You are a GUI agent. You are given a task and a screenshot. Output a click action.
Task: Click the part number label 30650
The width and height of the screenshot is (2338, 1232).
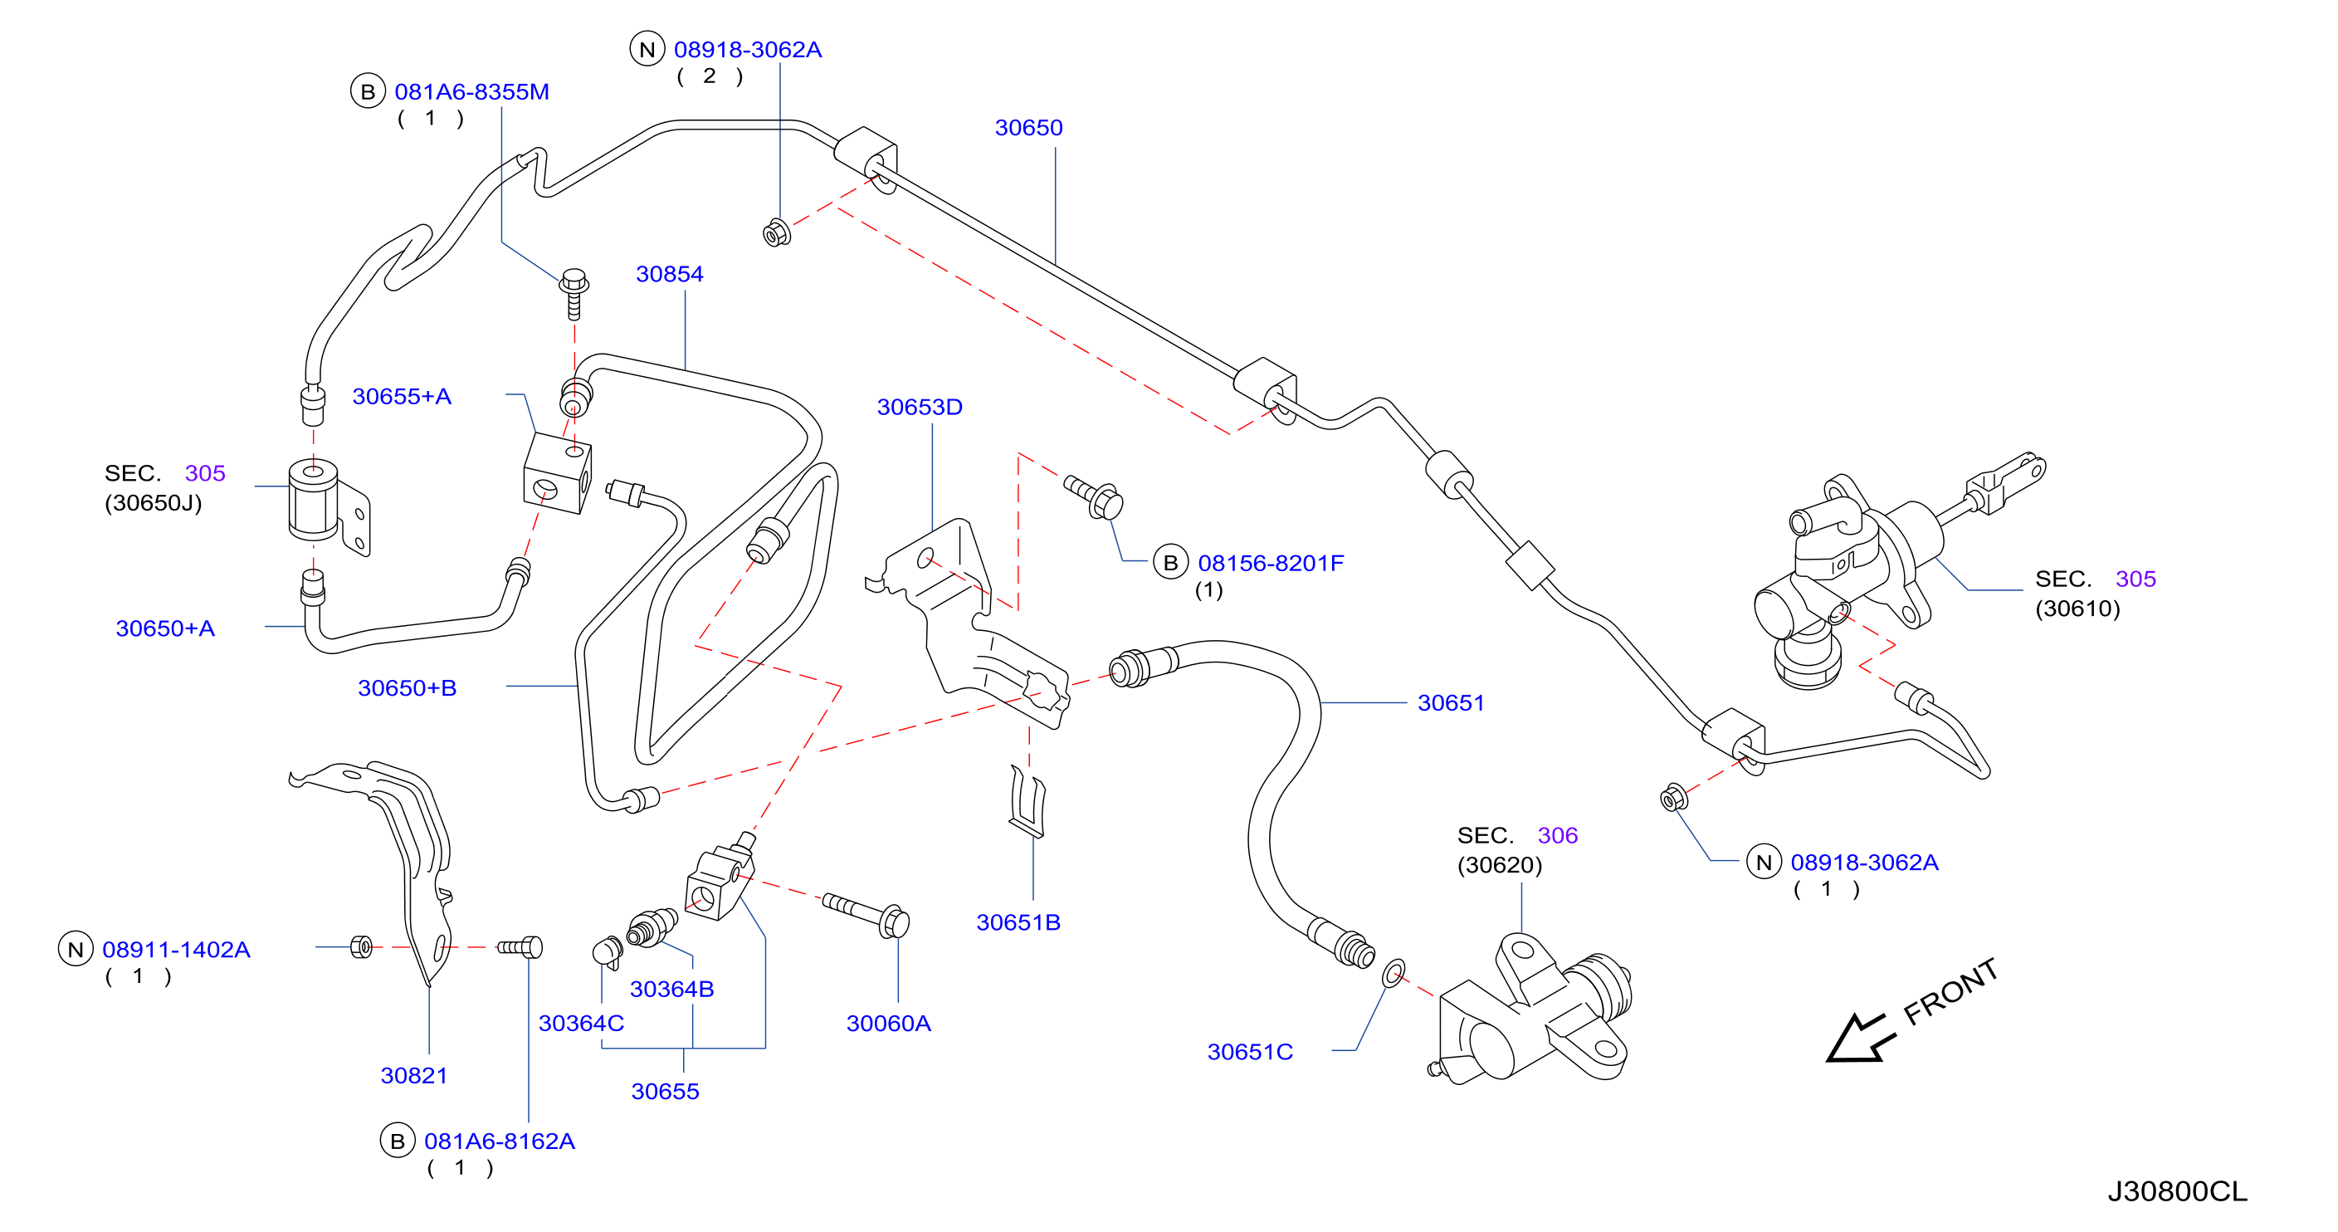1028,128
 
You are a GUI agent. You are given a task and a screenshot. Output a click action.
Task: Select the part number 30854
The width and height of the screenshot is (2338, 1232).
670,274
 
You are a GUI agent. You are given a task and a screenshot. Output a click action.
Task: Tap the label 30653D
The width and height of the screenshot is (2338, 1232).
920,407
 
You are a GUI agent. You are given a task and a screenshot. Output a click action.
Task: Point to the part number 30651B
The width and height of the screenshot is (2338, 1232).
1018,922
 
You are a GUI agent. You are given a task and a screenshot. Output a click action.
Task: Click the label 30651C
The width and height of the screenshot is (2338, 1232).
1250,1051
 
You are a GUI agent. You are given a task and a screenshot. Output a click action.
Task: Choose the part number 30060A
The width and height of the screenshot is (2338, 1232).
889,1023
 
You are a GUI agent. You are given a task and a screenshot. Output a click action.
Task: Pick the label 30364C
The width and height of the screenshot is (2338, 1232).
581,1023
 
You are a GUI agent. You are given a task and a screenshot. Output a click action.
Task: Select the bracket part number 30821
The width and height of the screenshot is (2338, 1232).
414,1076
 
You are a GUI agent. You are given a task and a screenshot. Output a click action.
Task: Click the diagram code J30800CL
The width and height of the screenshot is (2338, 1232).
2176,1191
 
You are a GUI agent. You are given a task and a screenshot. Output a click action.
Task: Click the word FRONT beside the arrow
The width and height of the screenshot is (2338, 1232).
1950,991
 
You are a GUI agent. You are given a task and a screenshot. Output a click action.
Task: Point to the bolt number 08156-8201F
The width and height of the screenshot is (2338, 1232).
1271,563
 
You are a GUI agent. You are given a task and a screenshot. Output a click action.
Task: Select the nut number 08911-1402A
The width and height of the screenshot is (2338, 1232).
176,950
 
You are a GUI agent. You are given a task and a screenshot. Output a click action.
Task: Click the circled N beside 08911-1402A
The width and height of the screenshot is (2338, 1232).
76,950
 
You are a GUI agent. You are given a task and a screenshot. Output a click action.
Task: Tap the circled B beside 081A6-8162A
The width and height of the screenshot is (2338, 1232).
398,1142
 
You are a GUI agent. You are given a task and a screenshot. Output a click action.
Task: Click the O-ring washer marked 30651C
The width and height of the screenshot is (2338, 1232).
1394,973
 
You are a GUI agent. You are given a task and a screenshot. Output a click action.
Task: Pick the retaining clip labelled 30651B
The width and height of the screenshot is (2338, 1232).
1028,801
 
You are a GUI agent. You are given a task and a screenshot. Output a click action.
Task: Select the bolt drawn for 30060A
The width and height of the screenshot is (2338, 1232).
866,914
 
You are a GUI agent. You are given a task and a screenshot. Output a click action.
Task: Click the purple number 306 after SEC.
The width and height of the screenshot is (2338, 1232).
1558,835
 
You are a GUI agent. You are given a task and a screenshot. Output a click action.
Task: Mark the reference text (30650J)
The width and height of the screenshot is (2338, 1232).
154,503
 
